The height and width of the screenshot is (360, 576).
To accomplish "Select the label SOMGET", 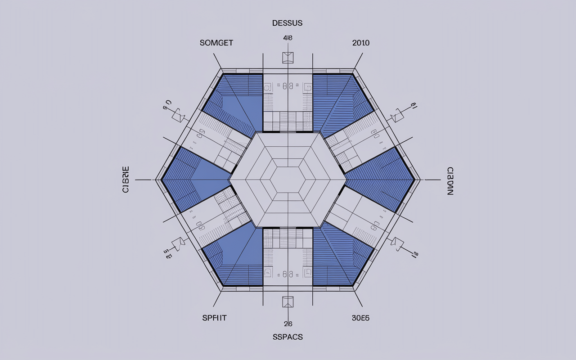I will tap(216, 43).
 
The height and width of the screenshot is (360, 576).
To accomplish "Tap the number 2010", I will tap(360, 43).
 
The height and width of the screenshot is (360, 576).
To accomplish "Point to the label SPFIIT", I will tap(214, 318).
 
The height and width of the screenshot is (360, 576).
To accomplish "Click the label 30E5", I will tap(360, 318).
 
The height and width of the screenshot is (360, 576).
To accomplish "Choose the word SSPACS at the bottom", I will tap(288, 337).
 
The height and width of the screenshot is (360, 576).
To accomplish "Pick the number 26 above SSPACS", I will tap(288, 324).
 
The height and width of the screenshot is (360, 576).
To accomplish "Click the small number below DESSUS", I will tap(288, 38).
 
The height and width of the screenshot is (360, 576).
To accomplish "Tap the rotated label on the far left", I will tap(126, 180).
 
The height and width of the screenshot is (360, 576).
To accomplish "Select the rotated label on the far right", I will tap(450, 180).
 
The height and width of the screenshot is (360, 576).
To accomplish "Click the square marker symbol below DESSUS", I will tap(288, 58).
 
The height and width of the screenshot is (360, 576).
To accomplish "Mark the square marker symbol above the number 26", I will tap(288, 301).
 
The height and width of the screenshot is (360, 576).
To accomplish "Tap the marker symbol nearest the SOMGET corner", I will tap(179, 115).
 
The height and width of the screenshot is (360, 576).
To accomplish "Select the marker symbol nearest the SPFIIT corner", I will tap(179, 243).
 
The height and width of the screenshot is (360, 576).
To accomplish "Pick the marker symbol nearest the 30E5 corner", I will tap(397, 243).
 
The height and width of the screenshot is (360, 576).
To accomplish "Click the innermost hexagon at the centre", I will tap(288, 180).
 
